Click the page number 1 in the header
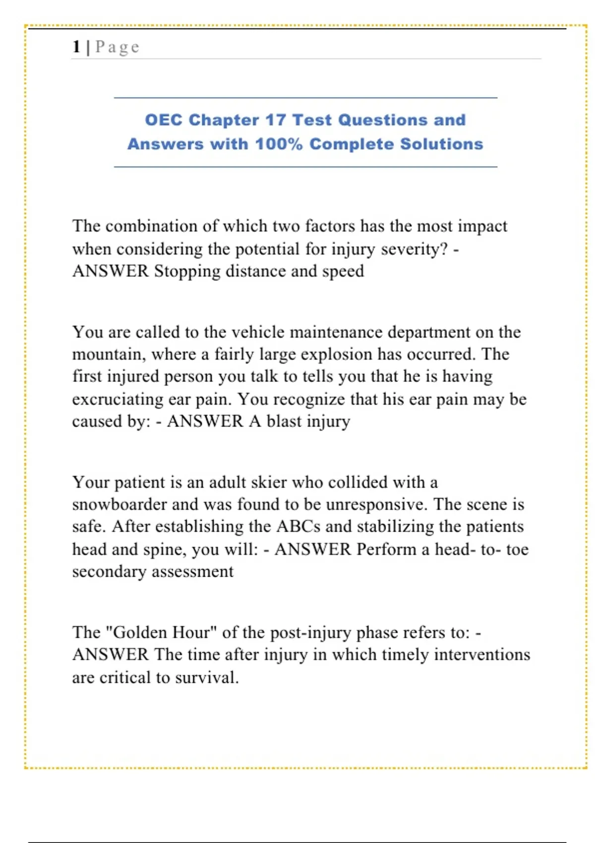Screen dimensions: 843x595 coord(76,47)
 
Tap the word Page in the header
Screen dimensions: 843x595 coord(117,47)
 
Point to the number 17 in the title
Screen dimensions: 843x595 coord(275,120)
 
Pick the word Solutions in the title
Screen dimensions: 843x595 coord(441,144)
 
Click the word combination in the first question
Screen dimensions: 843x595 coord(152,226)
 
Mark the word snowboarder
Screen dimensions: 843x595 coord(119,504)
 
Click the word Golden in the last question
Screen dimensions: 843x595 coord(140,632)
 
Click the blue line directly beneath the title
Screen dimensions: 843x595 coord(305,167)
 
